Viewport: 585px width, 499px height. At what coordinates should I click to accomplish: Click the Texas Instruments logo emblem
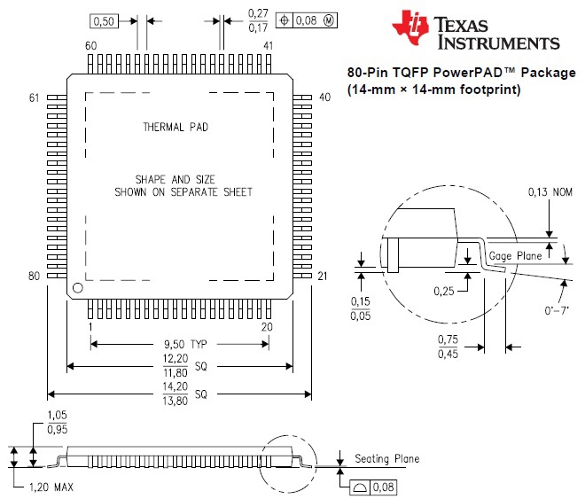(410, 27)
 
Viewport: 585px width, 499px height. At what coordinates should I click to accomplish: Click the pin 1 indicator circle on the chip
(78, 288)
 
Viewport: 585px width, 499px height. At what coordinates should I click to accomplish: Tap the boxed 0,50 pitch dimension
(104, 21)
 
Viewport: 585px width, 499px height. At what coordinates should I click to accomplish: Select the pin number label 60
(90, 45)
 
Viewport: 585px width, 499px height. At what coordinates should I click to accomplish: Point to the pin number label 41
(269, 45)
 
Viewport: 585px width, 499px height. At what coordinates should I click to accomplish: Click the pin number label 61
(34, 97)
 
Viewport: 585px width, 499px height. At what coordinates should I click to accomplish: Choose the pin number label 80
(34, 276)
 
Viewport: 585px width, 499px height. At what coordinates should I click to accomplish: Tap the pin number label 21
(323, 276)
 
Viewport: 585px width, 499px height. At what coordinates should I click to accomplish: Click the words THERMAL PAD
(175, 127)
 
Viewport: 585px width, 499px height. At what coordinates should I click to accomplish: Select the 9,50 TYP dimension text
(185, 344)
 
